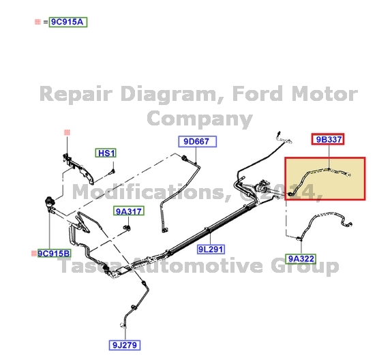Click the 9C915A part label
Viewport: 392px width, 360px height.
[68, 22]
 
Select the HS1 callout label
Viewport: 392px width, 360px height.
[106, 153]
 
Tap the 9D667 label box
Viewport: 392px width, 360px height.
[197, 142]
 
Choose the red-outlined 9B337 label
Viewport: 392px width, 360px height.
[328, 139]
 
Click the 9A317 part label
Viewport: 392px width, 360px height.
[129, 211]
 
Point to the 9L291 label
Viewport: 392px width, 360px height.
[211, 250]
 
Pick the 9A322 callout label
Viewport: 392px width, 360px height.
[301, 259]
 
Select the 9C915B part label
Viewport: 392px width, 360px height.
[55, 254]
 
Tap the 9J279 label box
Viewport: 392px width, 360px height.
[125, 345]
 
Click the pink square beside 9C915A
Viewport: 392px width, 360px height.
[37, 22]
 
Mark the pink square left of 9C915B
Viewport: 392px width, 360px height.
[34, 254]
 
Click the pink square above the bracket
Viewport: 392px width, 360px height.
[67, 132]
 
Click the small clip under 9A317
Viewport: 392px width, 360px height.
[127, 228]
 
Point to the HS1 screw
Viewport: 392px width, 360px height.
[112, 171]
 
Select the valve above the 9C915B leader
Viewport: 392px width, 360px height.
[48, 202]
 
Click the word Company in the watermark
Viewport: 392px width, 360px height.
[200, 118]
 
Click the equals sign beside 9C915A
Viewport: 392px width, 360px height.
[45, 22]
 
